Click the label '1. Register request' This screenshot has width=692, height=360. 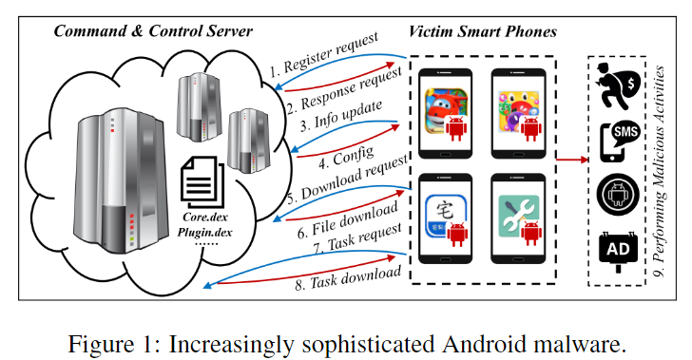pyautogui.click(x=324, y=55)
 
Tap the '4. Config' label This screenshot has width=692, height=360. pyautogui.click(x=346, y=158)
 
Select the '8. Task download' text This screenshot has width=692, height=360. pyautogui.click(x=348, y=278)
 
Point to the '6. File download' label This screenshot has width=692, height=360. pyautogui.click(x=348, y=221)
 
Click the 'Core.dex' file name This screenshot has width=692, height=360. pyautogui.click(x=205, y=218)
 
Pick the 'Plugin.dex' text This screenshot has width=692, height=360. pyautogui.click(x=204, y=233)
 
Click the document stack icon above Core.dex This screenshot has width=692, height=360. pyautogui.click(x=202, y=182)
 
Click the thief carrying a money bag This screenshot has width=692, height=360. pyautogui.click(x=618, y=86)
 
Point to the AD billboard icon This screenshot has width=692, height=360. pyautogui.click(x=618, y=252)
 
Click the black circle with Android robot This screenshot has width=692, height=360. pyautogui.click(x=618, y=195)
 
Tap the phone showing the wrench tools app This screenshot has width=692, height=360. pyautogui.click(x=519, y=218)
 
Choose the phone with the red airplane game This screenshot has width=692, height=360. pyautogui.click(x=446, y=113)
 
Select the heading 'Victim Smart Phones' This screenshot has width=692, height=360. pyautogui.click(x=482, y=31)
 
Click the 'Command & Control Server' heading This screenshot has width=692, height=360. pyautogui.click(x=153, y=31)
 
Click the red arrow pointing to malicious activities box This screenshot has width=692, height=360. pyautogui.click(x=572, y=160)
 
